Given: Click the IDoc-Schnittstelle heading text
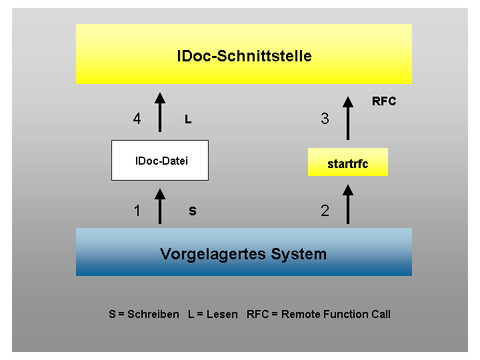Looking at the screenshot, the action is pos(244,56).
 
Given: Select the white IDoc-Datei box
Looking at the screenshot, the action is pos(160,161).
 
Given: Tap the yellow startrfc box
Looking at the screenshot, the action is pos(348,162).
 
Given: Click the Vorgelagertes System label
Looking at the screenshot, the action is pos(243,255).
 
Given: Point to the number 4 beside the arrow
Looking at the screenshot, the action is pos(137,119).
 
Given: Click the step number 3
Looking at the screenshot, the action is pos(325,119).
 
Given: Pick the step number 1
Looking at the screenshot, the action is pos(137,211).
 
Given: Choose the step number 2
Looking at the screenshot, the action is pos(325,211).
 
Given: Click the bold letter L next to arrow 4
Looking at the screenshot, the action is pos(188,119).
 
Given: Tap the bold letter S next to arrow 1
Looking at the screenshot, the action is pos(193,211).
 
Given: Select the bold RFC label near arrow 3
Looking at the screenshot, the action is pos(384,101).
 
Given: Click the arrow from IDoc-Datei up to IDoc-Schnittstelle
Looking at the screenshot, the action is pos(160,113).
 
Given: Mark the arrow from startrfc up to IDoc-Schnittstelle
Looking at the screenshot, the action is pos(348,118).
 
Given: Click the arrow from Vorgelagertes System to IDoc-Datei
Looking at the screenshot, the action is pos(160,206).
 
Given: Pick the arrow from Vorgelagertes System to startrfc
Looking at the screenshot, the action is pos(348,204).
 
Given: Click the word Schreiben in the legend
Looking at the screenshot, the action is pos(153,314).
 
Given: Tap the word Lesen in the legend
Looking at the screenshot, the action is pos(222,314).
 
